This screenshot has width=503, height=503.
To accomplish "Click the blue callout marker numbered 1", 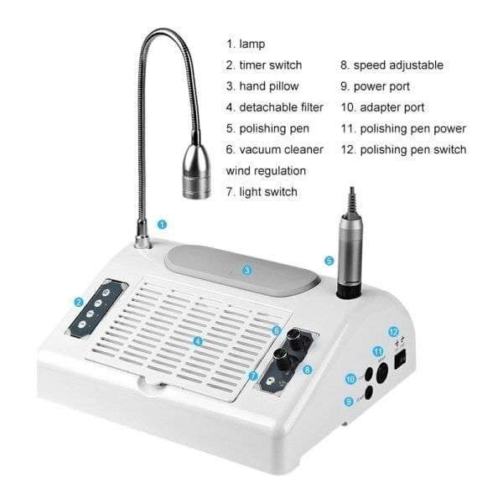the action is pos(163,224).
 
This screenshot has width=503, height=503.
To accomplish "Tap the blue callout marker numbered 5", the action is pos(329,261).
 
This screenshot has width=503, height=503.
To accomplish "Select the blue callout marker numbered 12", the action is pos(394,332).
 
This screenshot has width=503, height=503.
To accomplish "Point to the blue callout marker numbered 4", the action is pos(198,341).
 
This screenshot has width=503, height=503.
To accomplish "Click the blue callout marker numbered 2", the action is pos(78,302).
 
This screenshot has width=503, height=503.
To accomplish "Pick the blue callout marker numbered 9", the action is pos(349,402).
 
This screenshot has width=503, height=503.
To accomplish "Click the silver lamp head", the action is pos(196,172).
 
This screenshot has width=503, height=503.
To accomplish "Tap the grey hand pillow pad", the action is pos(242,270).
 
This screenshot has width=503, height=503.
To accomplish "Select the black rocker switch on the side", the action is pos(402,360).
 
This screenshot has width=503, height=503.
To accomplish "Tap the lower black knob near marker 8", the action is pos(282,357).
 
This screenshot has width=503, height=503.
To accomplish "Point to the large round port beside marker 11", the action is pos(381,373).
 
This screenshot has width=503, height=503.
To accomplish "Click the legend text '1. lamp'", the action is pos(246,44).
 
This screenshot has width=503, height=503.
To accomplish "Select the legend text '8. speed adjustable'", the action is pos(392,65).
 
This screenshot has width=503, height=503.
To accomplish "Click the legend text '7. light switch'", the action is pos(262,192).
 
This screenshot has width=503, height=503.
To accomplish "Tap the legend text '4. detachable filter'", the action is pos(275,107).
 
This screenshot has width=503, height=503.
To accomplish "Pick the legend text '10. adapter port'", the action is pos(382,108).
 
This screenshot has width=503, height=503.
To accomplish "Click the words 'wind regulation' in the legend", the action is pos(266,171).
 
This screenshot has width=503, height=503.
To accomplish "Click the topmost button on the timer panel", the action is pos(106,293).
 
